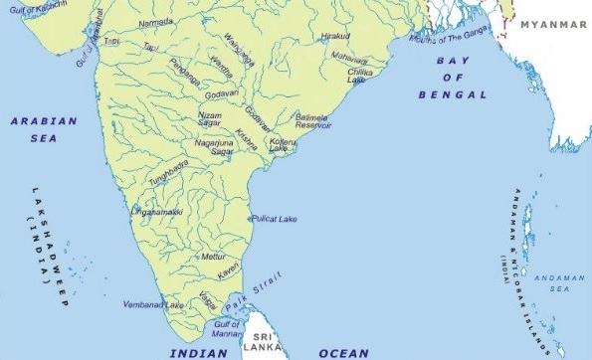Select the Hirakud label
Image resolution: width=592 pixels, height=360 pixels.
[337, 35]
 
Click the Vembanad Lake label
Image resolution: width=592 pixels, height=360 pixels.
[153, 304]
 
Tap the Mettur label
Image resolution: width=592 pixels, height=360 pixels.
[213, 256]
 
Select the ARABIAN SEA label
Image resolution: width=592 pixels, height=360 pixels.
[44, 128]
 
